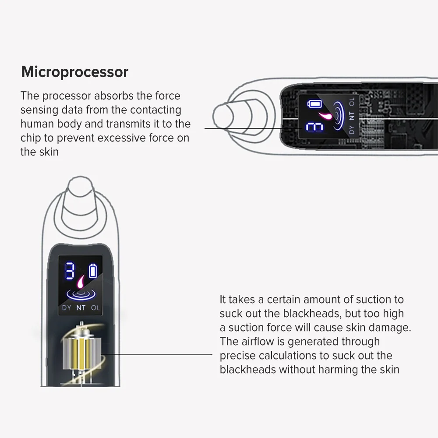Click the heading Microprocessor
(74, 72)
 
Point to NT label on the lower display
(81, 307)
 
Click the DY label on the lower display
(67, 307)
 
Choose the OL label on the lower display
(95, 307)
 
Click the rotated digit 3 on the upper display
(314, 127)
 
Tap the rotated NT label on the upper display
(350, 116)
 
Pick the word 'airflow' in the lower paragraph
(254, 341)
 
